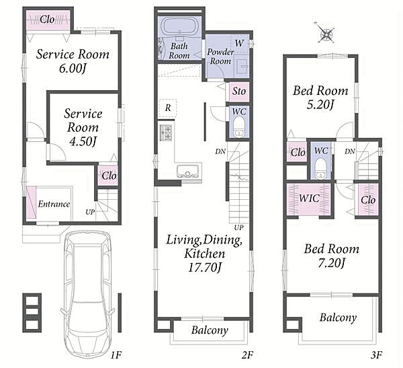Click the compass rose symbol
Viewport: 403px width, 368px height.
[x=326, y=34]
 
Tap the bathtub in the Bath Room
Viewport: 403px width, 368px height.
[x=179, y=27]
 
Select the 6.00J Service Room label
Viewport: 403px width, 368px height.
[x=73, y=61]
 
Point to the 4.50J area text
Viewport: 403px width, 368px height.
[x=83, y=141]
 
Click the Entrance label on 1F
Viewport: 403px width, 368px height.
[x=54, y=205]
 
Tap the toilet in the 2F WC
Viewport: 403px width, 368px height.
[x=239, y=127]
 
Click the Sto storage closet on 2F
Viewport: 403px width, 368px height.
[x=239, y=91]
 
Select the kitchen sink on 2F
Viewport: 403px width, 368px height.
[x=189, y=170]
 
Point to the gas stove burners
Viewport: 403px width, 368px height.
[x=166, y=133]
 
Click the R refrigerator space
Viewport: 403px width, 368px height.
[x=168, y=108]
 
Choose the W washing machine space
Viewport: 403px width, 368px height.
[x=240, y=43]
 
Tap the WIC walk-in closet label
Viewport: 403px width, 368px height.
[x=310, y=198]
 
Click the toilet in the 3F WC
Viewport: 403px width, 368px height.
[x=321, y=168]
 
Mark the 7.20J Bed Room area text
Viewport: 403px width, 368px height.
[x=332, y=262]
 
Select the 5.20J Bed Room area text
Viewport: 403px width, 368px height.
[x=320, y=104]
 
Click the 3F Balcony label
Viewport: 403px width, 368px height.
[x=339, y=318]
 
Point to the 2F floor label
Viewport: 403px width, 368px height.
[x=247, y=355]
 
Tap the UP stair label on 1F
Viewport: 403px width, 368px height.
[x=90, y=212]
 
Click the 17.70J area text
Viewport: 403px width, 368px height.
[x=205, y=268]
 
